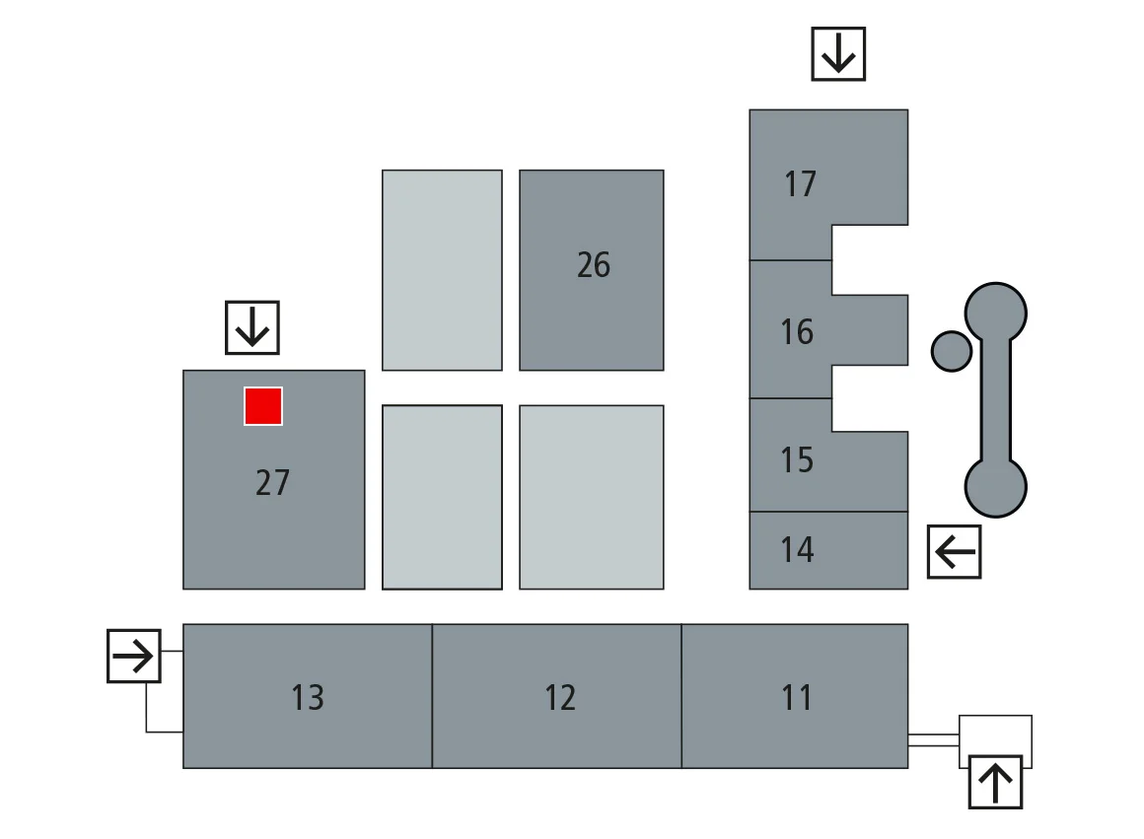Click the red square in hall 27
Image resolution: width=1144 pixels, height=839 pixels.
pos(263,406)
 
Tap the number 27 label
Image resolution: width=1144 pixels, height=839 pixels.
pos(272,483)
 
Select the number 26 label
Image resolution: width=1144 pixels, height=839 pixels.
pos(594,265)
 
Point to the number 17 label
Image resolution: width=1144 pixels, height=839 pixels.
pos(801,184)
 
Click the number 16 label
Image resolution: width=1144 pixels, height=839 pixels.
pos(797,332)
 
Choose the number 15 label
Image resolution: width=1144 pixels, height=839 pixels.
pos(797,460)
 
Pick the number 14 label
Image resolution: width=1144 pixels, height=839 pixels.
pos(797,550)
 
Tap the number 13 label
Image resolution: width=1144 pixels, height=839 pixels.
pos(308,698)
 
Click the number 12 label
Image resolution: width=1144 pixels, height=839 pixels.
pos(560,698)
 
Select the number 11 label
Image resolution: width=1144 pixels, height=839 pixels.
pos(797,698)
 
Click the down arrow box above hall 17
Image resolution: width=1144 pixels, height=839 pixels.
pos(838,53)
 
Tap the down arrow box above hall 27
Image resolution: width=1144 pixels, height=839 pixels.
pos(252,327)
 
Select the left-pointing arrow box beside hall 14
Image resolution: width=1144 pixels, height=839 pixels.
pos(955,551)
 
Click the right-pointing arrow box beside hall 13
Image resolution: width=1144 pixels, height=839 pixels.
pos(133,656)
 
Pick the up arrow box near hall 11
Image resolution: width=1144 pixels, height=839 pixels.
pos(995,782)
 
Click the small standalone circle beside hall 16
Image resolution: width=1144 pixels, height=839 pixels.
pos(952,351)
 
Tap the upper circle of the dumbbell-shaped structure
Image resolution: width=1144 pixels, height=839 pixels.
pos(995,314)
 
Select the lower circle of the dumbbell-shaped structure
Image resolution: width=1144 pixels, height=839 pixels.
pos(995,487)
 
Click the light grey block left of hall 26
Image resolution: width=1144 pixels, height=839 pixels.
pos(442,270)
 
